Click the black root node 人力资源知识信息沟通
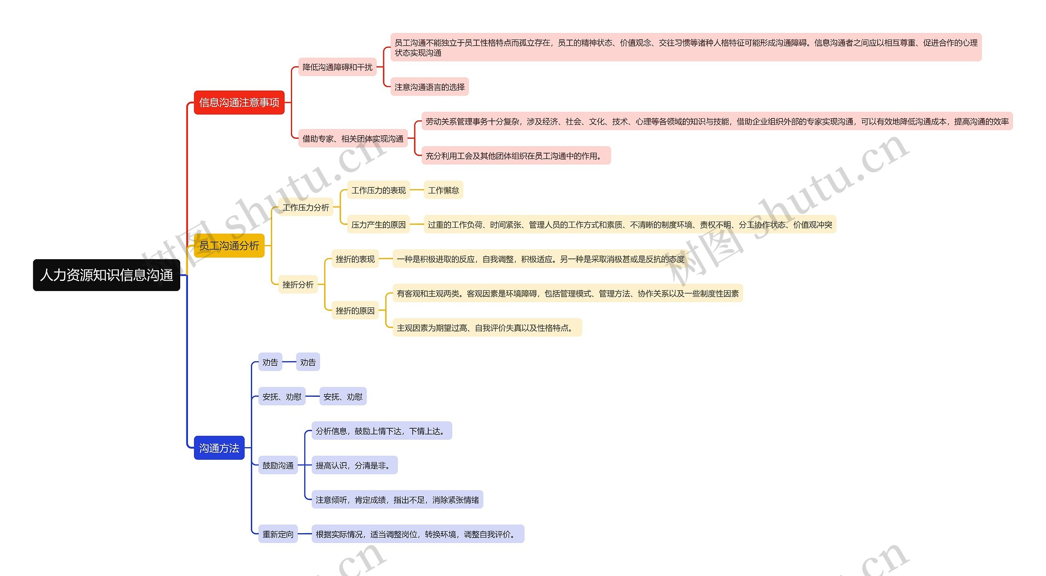(x=106, y=275)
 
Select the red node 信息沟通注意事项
(x=239, y=102)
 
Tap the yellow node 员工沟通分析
(x=229, y=246)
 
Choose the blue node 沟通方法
(x=219, y=448)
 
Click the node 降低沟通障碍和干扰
(x=337, y=67)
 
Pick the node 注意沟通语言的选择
(x=429, y=87)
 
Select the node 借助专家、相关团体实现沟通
(x=353, y=139)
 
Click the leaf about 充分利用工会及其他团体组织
(x=516, y=156)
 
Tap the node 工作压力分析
(x=306, y=207)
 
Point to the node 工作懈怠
(x=443, y=190)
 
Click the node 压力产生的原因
(x=378, y=225)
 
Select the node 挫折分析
(x=298, y=285)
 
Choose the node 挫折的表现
(x=355, y=259)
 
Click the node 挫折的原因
(x=355, y=311)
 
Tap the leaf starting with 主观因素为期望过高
(x=487, y=328)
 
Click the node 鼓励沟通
(x=278, y=465)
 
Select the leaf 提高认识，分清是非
(x=354, y=465)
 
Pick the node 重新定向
(x=278, y=534)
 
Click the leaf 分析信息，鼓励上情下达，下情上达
(x=381, y=431)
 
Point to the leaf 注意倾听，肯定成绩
(x=397, y=500)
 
